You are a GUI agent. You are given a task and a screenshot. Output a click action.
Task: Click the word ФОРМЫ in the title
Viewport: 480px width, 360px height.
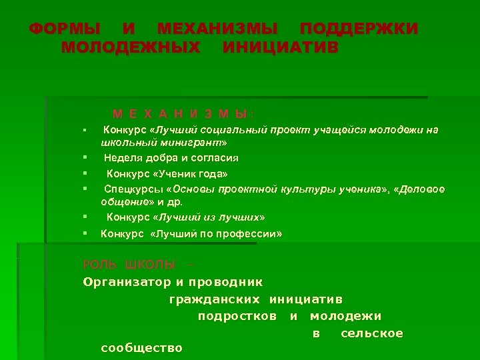coord(65,29)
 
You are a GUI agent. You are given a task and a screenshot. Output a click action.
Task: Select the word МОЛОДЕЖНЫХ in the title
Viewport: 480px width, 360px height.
coord(130,48)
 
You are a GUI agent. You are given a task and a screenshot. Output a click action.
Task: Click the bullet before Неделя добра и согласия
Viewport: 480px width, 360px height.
coord(86,158)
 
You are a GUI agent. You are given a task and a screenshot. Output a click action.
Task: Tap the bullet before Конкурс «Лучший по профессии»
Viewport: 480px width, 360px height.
coord(86,234)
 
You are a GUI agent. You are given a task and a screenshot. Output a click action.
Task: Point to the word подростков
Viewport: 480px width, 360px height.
coord(237,316)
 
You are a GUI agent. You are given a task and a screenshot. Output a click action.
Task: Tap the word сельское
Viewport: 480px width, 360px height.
coord(371,333)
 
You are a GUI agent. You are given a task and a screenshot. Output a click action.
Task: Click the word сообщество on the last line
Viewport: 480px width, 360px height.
coord(141,348)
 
